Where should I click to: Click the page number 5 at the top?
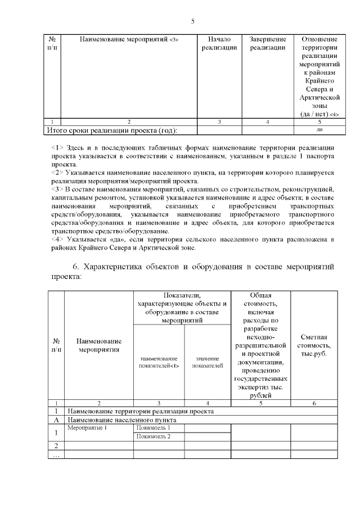pyautogui.click(x=192, y=21)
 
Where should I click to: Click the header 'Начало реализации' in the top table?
pyautogui.click(x=219, y=44)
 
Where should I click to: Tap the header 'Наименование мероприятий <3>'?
pyautogui.click(x=129, y=40)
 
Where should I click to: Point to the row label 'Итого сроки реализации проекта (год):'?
pyautogui.click(x=111, y=130)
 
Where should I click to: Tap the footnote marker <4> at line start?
pyautogui.click(x=56, y=240)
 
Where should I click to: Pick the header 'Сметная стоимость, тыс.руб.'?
pyautogui.click(x=314, y=345)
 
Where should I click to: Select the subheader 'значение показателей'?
pyautogui.click(x=208, y=362)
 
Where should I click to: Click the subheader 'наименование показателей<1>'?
pyautogui.click(x=159, y=362)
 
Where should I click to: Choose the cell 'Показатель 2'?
pyautogui.click(x=153, y=436)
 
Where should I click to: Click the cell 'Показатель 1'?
pyautogui.click(x=153, y=428)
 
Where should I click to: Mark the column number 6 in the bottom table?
pyautogui.click(x=314, y=403)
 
